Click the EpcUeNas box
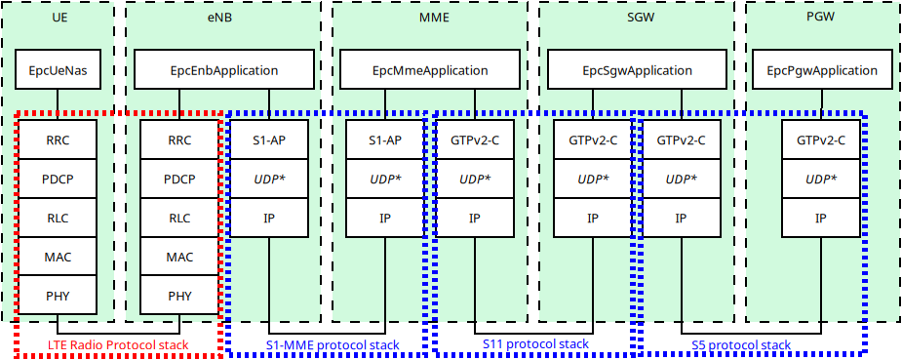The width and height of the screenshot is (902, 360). (58, 70)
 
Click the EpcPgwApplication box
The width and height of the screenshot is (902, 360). (821, 70)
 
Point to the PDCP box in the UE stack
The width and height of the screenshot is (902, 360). (58, 179)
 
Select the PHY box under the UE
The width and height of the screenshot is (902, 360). (58, 295)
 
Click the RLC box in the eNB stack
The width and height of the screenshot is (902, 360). (180, 218)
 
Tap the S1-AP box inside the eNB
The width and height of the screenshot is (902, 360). (268, 140)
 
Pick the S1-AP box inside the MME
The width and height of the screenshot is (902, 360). (385, 140)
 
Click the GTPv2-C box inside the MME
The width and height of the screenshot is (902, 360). (475, 140)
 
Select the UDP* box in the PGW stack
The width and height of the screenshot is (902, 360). (821, 179)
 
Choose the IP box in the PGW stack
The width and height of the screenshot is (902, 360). (821, 218)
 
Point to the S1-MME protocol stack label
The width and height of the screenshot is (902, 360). (333, 344)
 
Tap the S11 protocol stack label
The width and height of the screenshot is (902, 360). (535, 344)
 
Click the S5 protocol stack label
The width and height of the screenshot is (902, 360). (741, 344)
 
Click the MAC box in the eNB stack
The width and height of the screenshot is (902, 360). (180, 257)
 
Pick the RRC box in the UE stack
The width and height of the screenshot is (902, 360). (58, 140)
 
